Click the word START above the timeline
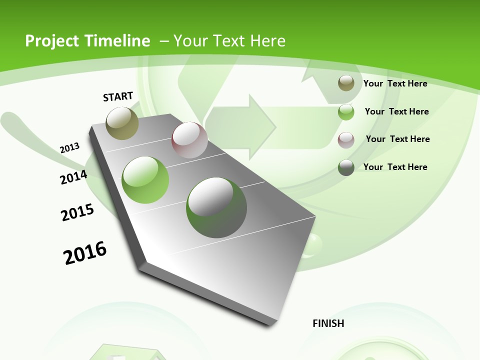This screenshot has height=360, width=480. coord(118,96)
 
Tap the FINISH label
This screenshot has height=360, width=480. coord(328,323)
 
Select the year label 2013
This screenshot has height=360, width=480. coord(69,148)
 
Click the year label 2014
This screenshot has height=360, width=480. coord(73,177)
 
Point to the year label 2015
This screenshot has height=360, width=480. coord(77,212)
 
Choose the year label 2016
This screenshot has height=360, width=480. coord(85,252)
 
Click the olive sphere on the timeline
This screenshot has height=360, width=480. coord(122,123)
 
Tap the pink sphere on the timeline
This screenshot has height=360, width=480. coord(189,140)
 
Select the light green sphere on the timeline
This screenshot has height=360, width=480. coord(145,180)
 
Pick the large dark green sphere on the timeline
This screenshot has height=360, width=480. coord(216,207)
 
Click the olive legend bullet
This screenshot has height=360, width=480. coord(346,83)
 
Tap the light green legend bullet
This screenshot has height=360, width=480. coord(346,111)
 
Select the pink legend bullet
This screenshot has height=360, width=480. coord(346,139)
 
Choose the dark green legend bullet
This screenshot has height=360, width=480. coord(346,167)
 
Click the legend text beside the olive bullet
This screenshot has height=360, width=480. coord(395,83)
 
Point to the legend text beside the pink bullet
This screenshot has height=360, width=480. coord(397,139)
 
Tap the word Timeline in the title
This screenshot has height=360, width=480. coord(118,41)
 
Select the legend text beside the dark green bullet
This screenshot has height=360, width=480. coord(395,167)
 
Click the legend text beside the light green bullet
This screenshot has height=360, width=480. coord(396,111)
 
